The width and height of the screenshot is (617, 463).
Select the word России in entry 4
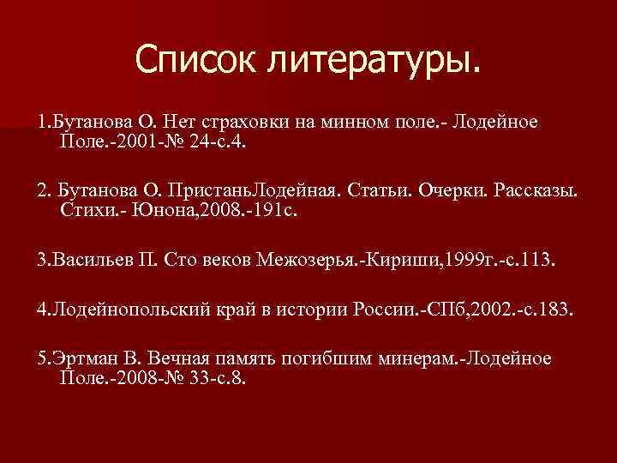pyautogui.click(x=386, y=309)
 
